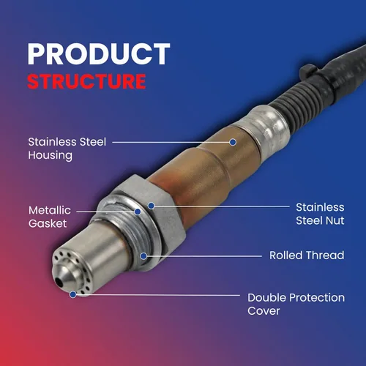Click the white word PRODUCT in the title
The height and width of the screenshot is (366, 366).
click(99, 53)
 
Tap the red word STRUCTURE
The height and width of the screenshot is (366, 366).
click(86, 81)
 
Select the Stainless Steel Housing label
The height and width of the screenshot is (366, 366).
click(67, 149)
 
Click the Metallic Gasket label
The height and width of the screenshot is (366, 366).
click(50, 217)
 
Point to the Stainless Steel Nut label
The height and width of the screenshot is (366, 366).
click(320, 214)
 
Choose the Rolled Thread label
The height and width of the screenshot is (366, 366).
click(307, 255)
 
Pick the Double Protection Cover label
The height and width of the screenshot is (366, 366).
click(296, 304)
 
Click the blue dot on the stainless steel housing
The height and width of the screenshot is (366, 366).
click(233, 142)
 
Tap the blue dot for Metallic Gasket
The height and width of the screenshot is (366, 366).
click(138, 212)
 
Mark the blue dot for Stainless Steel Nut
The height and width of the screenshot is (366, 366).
click(152, 206)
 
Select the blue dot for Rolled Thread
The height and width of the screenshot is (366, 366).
click(143, 256)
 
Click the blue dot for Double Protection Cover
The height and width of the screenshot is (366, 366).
click(73, 294)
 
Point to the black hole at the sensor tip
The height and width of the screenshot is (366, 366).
click(59, 283)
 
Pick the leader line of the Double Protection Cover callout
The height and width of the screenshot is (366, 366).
click(158, 295)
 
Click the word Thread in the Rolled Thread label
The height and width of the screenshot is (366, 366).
click(325, 255)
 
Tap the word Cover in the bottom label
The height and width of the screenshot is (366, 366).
click(264, 311)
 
